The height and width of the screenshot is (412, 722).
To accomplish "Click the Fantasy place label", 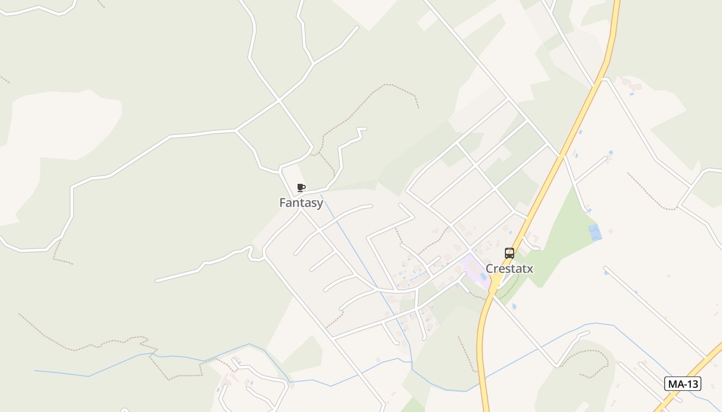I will (x=301, y=203).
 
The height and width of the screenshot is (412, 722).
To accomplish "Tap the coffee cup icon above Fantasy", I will (x=301, y=188).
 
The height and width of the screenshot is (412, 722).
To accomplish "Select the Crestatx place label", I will (x=509, y=269).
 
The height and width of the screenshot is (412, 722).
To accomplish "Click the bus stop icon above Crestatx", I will (x=510, y=253).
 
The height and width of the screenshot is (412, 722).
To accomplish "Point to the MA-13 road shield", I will (x=682, y=384).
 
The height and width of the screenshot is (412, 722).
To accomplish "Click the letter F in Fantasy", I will (x=282, y=203).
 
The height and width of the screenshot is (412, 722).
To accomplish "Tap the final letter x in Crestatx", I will (x=530, y=269).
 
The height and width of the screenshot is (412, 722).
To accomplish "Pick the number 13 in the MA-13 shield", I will (x=692, y=384).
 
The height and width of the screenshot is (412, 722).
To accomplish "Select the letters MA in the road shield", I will (x=675, y=384).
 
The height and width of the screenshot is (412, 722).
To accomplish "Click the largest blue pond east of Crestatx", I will (x=595, y=232).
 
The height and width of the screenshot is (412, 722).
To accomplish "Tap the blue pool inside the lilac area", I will (x=483, y=277).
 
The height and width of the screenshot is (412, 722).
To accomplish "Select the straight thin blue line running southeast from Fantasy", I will (x=356, y=252).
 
